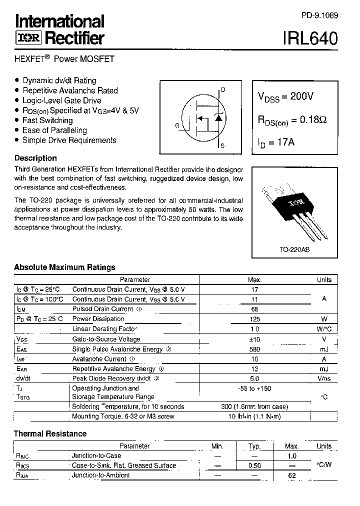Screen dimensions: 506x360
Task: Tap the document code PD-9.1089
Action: (319, 15)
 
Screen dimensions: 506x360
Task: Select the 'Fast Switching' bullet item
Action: (47, 120)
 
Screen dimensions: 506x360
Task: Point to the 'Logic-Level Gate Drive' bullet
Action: (62, 100)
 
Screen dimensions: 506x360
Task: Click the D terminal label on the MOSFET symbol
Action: (223, 90)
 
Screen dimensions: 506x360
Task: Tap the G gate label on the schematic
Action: (177, 125)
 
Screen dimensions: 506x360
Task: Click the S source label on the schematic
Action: (222, 146)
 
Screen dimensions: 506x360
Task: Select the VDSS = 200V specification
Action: (285, 97)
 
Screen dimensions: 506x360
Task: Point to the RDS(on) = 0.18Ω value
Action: (291, 120)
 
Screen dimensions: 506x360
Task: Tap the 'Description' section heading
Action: (35, 158)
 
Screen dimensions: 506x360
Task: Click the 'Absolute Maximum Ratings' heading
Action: (64, 267)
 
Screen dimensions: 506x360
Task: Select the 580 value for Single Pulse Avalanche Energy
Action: (254, 349)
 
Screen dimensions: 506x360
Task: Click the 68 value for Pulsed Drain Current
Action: (254, 309)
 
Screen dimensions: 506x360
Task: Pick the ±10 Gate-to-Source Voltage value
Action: (254, 339)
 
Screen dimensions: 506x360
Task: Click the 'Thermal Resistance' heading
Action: (50, 433)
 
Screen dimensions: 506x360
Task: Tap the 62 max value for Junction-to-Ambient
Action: (292, 475)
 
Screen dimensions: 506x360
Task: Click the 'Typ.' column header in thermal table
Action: (254, 446)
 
